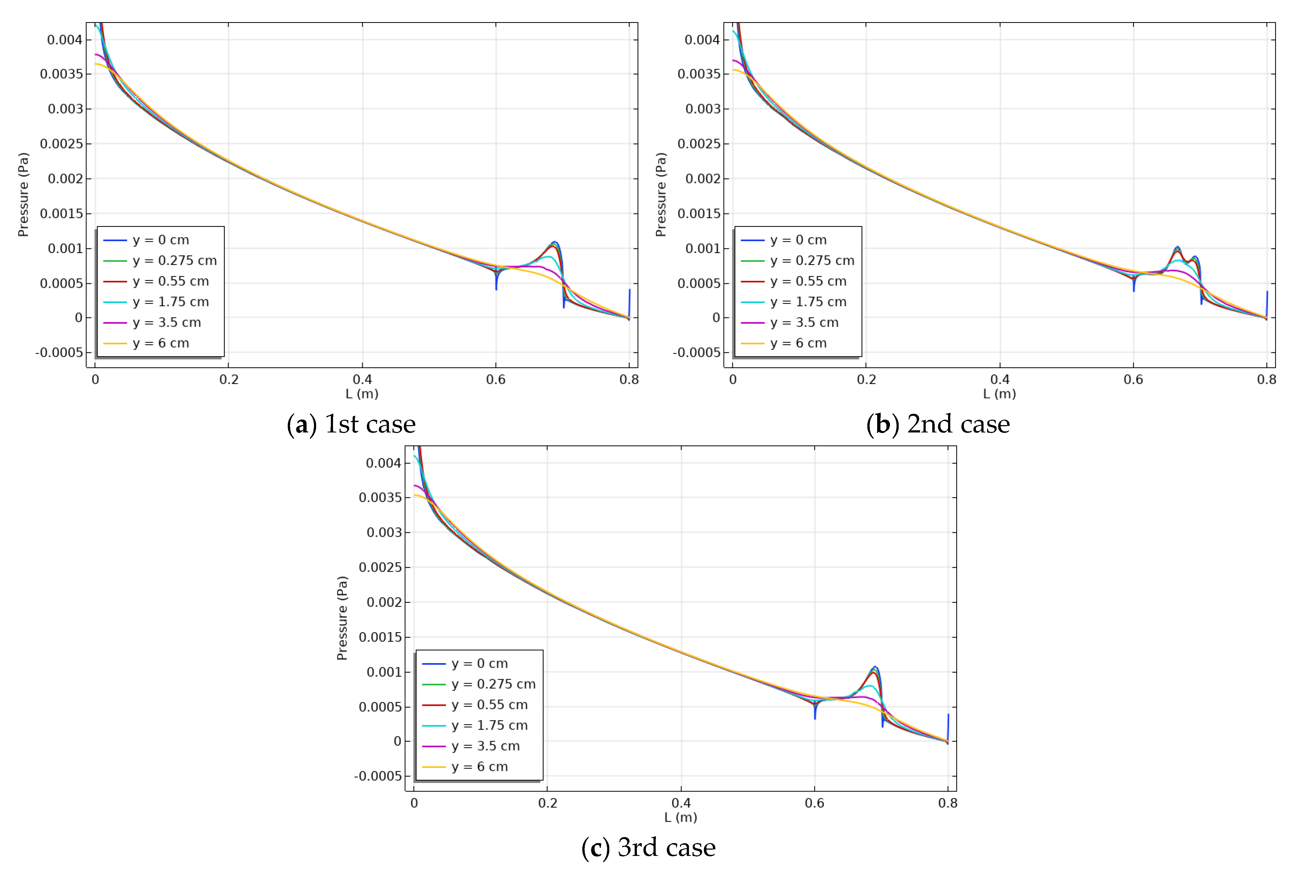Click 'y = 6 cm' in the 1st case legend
(161, 343)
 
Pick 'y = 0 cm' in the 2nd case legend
(798, 240)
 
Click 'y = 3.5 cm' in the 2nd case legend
(804, 323)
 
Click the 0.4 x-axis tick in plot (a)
(362, 380)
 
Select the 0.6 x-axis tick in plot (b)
(1133, 380)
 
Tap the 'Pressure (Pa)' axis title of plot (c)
(342, 618)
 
